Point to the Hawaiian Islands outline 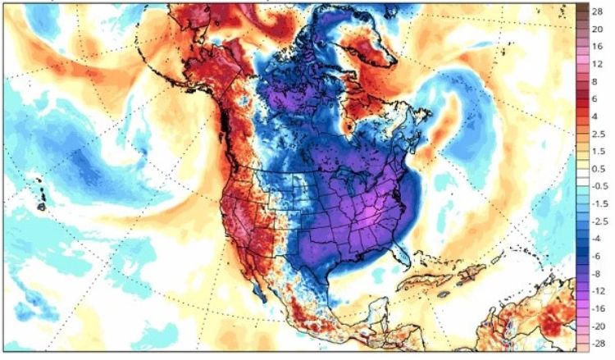click(x=39, y=194)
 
